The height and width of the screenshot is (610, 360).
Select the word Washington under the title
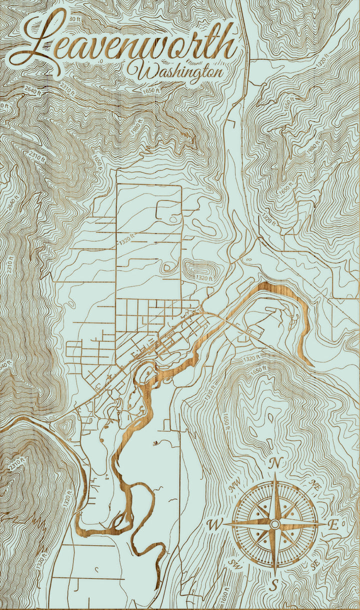[x=175, y=71]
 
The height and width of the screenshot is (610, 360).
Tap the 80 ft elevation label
[x=75, y=18]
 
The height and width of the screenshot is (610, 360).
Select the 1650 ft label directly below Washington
[x=150, y=90]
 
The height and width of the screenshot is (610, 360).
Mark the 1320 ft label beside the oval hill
[x=204, y=277]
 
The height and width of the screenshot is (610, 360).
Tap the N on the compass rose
[x=274, y=464]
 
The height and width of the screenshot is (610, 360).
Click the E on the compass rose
[x=333, y=524]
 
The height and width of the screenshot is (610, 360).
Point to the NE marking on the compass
[x=315, y=484]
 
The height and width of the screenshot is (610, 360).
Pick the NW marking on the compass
[x=233, y=484]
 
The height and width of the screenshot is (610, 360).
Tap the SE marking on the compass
[x=315, y=565]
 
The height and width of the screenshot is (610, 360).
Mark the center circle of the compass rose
[x=274, y=524]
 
